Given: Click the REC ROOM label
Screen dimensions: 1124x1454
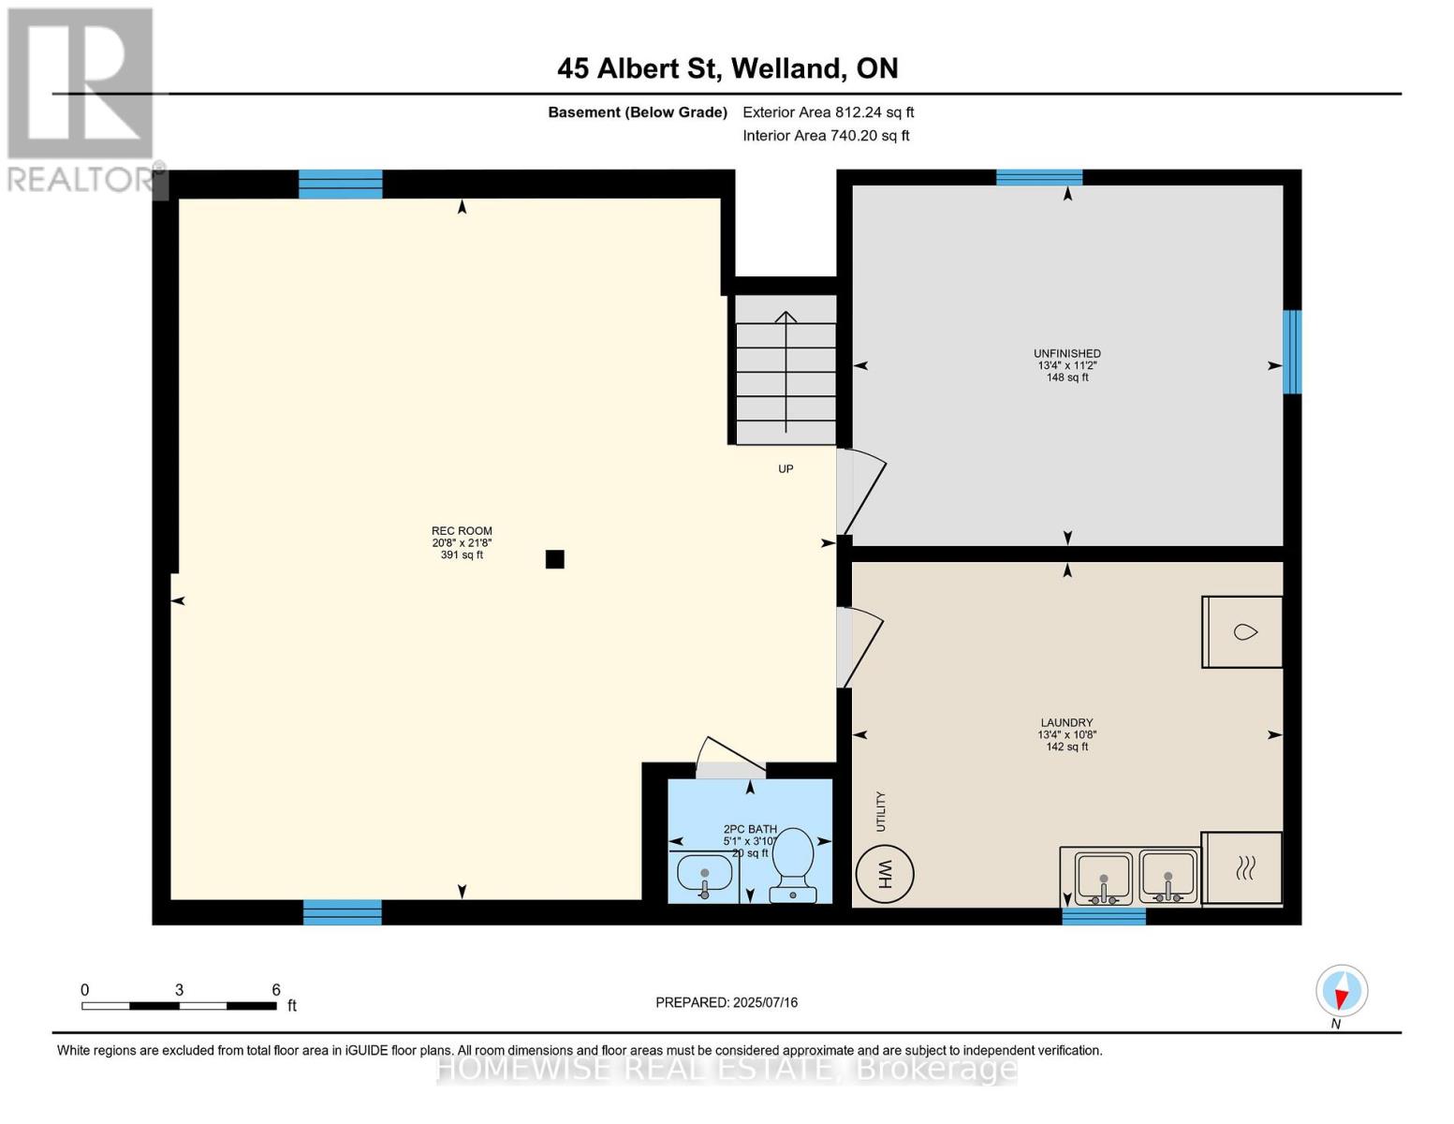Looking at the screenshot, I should [x=462, y=531].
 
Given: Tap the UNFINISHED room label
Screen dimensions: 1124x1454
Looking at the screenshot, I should [x=1066, y=353].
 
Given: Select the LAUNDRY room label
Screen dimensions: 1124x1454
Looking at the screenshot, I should [x=1066, y=722].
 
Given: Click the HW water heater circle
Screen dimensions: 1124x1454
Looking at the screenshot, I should [x=884, y=875].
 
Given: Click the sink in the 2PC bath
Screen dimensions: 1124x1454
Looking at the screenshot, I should [x=703, y=877].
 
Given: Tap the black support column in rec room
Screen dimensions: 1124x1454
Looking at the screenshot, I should [x=555, y=559].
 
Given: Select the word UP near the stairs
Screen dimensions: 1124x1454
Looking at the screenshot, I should [x=786, y=468].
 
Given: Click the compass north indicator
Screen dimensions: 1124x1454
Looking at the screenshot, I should [x=1342, y=991].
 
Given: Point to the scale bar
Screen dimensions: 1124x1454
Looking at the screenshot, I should [x=179, y=1005].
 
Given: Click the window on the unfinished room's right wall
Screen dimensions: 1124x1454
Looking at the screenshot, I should [x=1292, y=352].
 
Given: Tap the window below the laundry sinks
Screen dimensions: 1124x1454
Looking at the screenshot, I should [x=1103, y=916].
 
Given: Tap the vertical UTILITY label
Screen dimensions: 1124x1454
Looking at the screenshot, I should [x=880, y=811].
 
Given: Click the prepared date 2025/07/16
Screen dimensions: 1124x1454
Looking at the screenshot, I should [x=727, y=1002].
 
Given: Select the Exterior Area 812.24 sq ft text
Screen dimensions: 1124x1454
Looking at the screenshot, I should [x=828, y=112].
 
